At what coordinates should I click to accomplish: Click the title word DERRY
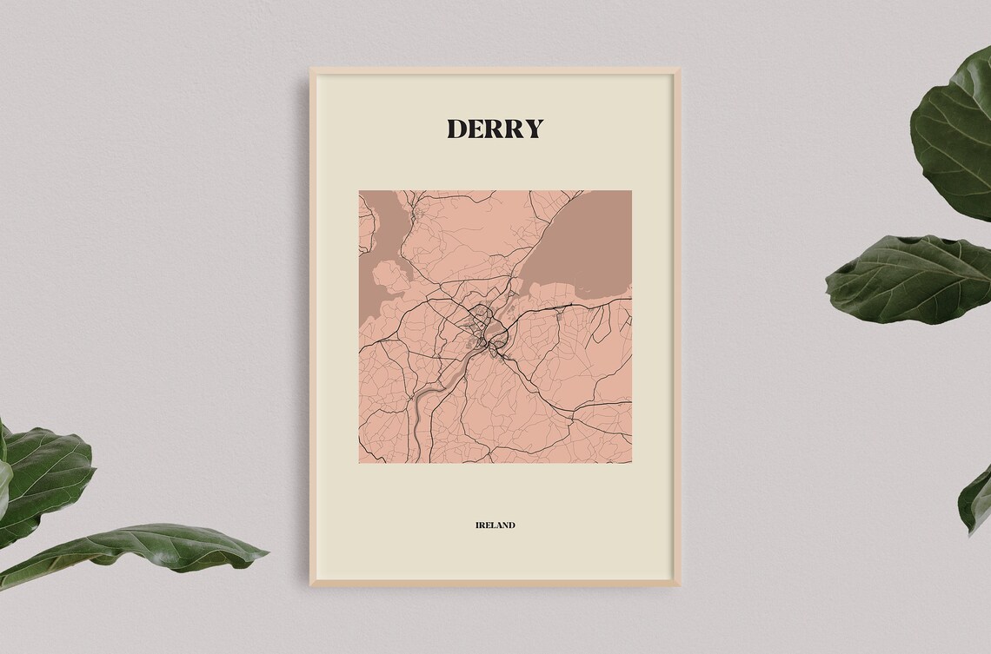495,129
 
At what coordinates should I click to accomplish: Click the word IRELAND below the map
495,525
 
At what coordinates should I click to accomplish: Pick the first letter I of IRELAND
477,525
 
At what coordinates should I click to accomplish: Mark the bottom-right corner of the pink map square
631,462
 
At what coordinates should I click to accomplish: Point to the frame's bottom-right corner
678,585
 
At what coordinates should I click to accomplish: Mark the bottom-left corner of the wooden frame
311,585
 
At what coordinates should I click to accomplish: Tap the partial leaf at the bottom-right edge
976,499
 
